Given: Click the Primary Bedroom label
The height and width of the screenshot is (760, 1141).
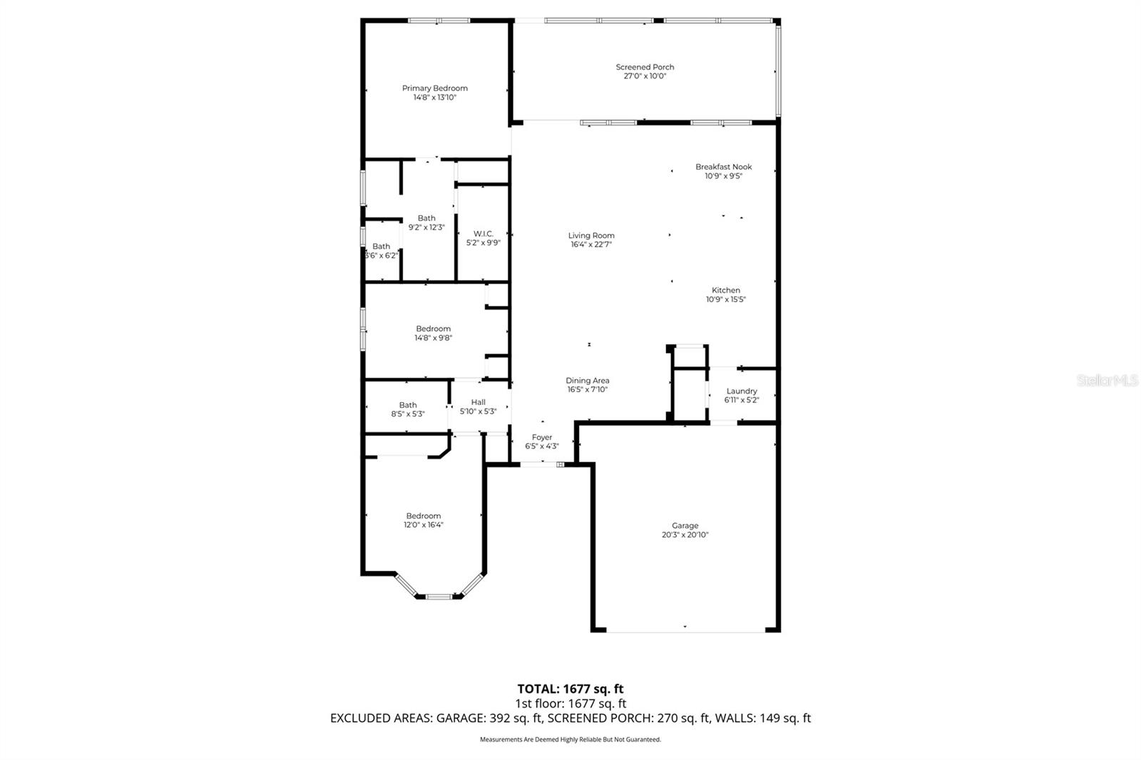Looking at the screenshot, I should pyautogui.click(x=434, y=88).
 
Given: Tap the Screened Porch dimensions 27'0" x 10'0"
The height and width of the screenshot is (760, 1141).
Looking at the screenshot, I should pyautogui.click(x=645, y=76).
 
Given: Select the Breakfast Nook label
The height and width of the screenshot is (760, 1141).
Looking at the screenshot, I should pyautogui.click(x=724, y=167).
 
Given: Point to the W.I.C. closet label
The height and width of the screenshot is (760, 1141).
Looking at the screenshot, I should pyautogui.click(x=483, y=234).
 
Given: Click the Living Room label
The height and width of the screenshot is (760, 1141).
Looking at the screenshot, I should pyautogui.click(x=591, y=235).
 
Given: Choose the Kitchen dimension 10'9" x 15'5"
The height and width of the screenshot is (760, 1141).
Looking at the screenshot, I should pyautogui.click(x=725, y=299).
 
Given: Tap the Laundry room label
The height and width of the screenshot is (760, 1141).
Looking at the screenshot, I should pyautogui.click(x=741, y=391).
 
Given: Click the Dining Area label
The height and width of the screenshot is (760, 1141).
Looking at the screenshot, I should pyautogui.click(x=587, y=381).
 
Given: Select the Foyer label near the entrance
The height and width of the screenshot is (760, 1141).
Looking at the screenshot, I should pyautogui.click(x=541, y=438).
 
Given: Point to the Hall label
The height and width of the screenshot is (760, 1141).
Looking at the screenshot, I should pyautogui.click(x=478, y=403).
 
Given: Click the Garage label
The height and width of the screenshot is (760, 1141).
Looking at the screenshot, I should pyautogui.click(x=685, y=526).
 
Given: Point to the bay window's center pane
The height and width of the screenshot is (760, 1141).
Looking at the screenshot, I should pyautogui.click(x=439, y=596).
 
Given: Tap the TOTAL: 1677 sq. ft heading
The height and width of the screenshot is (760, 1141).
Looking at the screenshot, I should pyautogui.click(x=570, y=689).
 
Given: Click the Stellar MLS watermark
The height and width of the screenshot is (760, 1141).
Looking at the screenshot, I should pyautogui.click(x=1107, y=381).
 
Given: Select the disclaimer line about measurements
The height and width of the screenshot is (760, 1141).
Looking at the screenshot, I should pyautogui.click(x=570, y=739).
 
